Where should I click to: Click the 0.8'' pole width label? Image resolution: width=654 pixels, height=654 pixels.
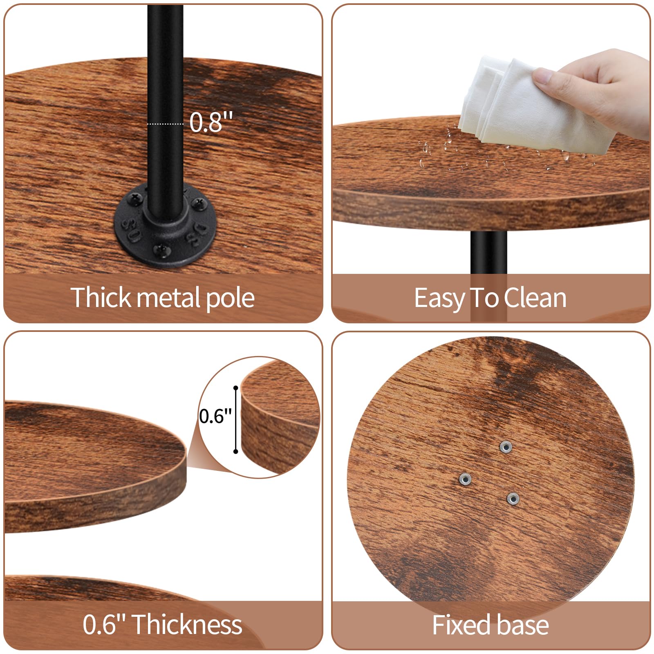[211, 121]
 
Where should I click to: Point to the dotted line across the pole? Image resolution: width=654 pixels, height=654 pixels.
[165, 123]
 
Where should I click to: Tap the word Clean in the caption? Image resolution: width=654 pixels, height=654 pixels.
[535, 298]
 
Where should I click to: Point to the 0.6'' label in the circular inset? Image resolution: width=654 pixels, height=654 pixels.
[215, 416]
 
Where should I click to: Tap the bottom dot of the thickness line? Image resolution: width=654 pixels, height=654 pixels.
[235, 451]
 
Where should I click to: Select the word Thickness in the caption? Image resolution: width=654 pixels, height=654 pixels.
[187, 625]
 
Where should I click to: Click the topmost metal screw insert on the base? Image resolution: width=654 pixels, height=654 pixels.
[506, 447]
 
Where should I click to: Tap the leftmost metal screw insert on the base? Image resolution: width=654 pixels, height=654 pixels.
[465, 479]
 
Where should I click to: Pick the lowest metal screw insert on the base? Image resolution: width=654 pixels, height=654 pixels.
[513, 498]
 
